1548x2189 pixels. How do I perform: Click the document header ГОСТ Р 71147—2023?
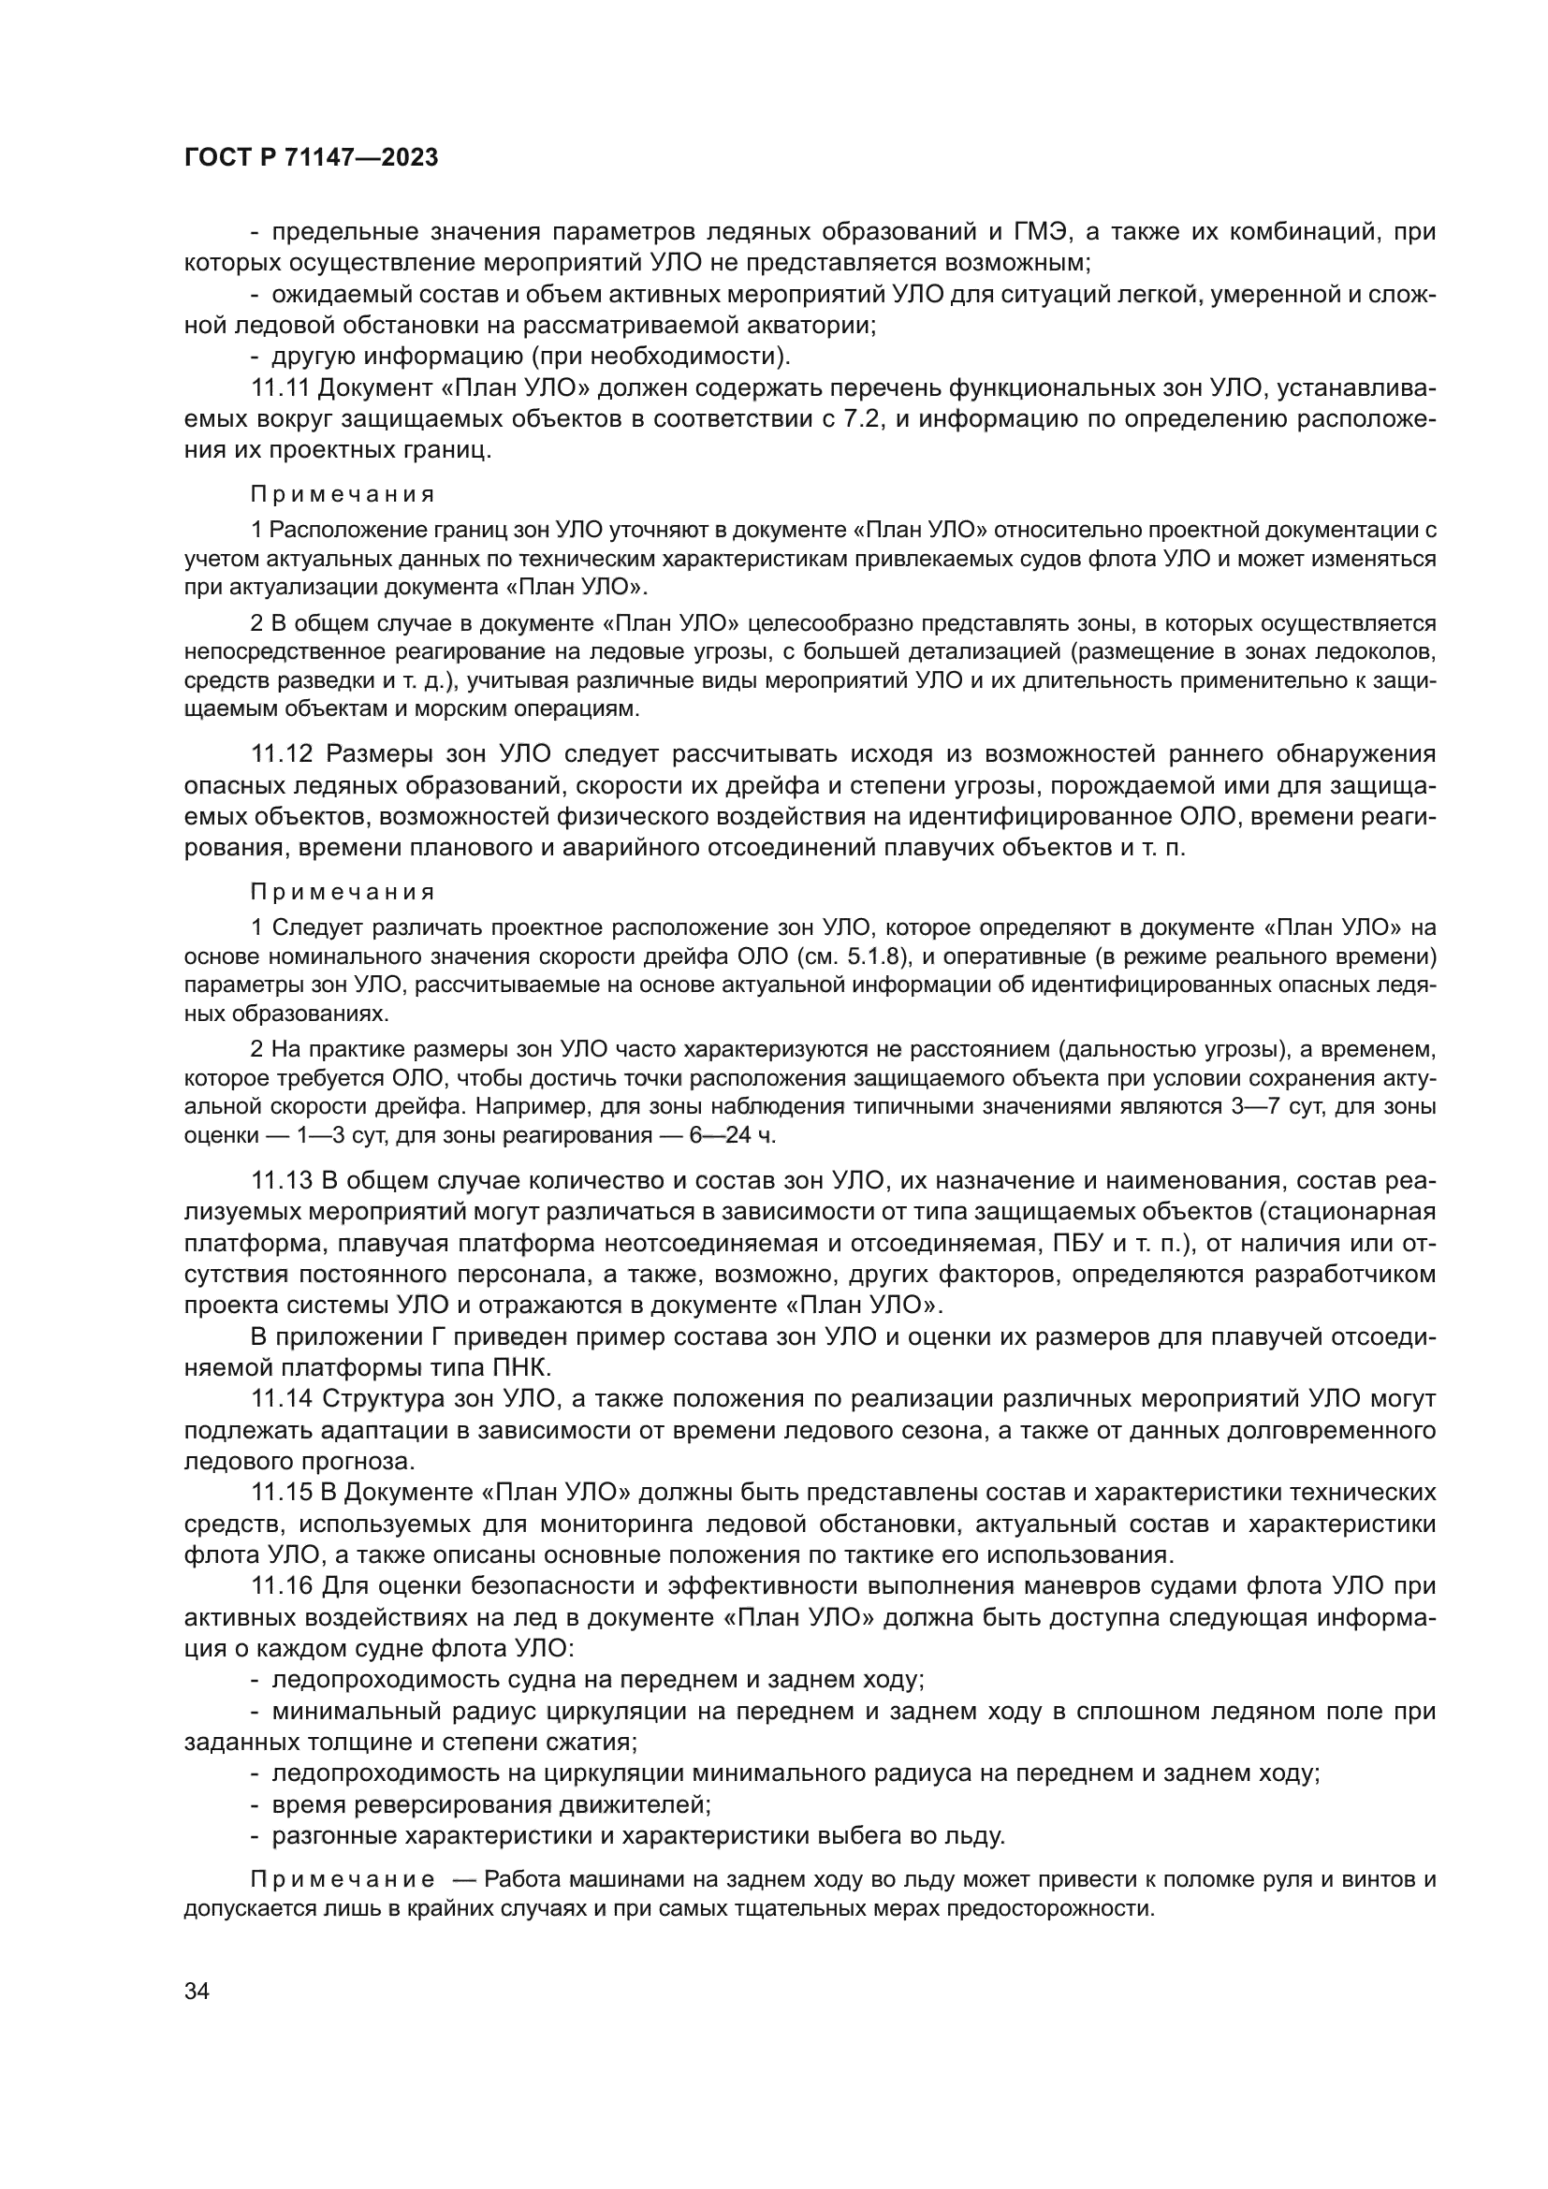point(311,157)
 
